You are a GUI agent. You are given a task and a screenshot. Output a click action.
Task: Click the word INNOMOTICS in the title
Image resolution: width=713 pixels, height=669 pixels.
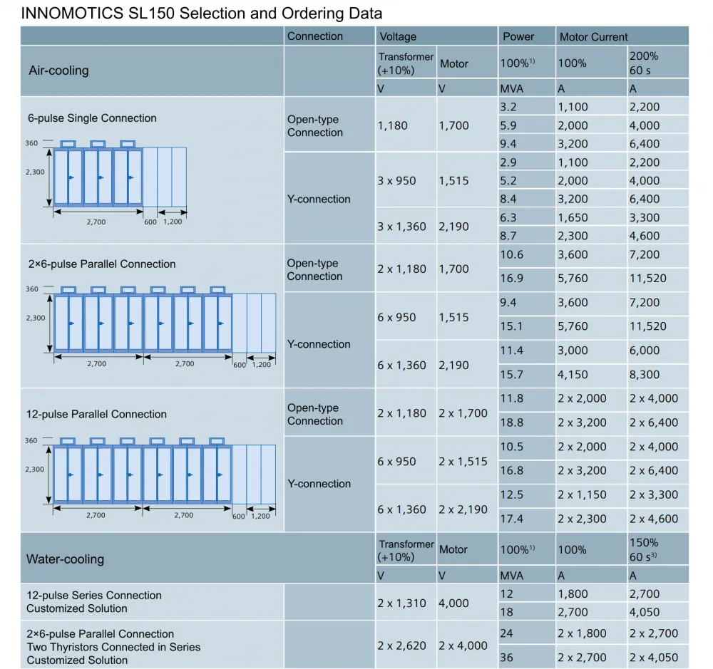72,13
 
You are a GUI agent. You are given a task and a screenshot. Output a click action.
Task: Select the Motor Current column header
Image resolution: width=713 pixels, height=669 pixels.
593,37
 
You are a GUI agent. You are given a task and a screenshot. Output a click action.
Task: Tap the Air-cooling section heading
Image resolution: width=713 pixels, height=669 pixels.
58,71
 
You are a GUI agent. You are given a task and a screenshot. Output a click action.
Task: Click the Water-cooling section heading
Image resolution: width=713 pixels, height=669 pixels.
65,559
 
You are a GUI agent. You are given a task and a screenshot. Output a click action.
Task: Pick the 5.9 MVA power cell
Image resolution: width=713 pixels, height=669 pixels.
508,125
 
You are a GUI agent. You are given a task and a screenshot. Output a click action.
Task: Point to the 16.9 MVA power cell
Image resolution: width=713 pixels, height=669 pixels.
511,278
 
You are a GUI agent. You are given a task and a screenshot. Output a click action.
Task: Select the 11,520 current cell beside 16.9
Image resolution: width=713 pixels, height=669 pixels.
647,278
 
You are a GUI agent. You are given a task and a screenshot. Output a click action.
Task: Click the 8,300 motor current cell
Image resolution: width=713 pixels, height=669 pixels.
644,375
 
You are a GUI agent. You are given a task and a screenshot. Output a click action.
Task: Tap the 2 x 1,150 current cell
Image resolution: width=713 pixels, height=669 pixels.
582,494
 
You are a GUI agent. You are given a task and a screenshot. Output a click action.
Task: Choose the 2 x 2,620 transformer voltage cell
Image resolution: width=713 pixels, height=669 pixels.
401,645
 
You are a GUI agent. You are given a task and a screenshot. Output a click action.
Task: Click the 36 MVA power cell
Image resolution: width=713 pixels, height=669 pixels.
506,657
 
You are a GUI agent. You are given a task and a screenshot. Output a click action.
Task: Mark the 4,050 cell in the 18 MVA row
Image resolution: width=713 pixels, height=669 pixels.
644,612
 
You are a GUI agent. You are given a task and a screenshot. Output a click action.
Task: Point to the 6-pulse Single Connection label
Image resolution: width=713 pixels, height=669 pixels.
92,118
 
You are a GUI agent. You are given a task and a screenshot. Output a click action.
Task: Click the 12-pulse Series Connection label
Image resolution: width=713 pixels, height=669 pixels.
94,596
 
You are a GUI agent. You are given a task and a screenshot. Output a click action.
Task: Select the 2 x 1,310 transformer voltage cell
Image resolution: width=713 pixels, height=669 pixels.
401,603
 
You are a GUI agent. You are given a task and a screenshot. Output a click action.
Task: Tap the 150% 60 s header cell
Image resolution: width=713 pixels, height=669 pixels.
644,549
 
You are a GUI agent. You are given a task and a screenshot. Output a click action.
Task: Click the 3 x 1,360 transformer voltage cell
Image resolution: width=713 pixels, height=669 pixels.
401,227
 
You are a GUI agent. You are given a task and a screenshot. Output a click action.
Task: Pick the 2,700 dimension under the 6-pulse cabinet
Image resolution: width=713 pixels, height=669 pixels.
96,222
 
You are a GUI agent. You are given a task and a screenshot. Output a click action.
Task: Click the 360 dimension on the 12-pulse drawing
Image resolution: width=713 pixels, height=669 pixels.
31,440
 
